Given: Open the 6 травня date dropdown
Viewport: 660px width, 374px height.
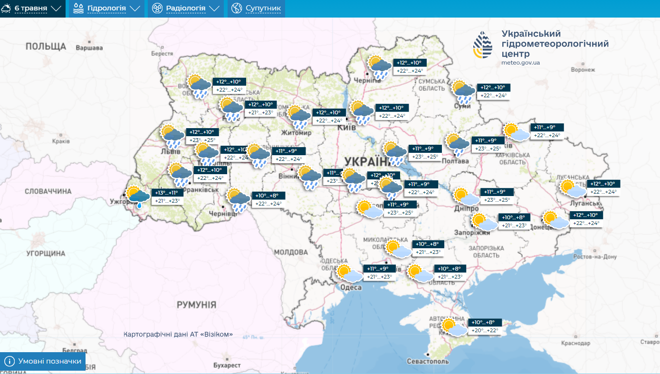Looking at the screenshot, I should [x=32, y=8].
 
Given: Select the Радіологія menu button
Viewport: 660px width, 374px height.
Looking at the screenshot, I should [x=185, y=8].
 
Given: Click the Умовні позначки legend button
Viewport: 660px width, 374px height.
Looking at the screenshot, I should [x=43, y=361].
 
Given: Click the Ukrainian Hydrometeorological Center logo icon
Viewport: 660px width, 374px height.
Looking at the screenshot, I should [x=483, y=45].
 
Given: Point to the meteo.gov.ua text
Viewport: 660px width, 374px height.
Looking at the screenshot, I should [x=520, y=63].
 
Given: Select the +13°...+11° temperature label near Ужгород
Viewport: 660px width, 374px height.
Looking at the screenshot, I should [x=165, y=193].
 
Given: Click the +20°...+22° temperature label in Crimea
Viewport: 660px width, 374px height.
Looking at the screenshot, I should [x=485, y=330].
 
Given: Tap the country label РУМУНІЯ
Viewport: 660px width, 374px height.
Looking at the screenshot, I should [x=196, y=305].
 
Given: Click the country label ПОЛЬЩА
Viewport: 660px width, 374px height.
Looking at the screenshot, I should [x=46, y=46].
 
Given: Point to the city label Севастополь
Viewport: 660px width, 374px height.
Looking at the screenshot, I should [x=428, y=361].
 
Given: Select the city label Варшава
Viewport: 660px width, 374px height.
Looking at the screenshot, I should [x=89, y=48].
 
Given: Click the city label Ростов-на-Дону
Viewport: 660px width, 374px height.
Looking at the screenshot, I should [x=595, y=257].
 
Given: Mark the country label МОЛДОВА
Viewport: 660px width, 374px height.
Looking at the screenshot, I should [x=291, y=252].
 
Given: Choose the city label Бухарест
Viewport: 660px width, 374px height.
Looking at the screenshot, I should [x=227, y=365].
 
